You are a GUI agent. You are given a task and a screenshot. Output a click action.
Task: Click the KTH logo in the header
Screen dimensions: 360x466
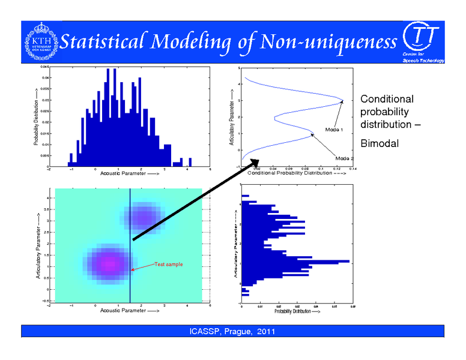(x=40, y=42)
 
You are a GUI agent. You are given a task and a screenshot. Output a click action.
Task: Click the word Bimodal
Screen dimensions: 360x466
(x=380, y=143)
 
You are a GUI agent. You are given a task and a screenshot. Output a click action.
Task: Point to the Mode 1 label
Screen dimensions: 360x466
(x=333, y=129)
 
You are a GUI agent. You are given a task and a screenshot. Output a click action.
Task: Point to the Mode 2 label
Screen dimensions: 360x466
(x=345, y=158)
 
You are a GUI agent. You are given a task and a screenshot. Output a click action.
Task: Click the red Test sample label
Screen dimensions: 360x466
(x=168, y=264)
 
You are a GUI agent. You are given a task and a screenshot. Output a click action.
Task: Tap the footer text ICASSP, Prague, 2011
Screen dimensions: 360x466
(x=232, y=332)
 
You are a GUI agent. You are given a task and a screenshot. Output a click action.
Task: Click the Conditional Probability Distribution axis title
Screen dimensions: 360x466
(x=296, y=173)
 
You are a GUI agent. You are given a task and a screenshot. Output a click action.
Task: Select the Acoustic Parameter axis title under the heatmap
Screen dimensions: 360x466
(x=130, y=310)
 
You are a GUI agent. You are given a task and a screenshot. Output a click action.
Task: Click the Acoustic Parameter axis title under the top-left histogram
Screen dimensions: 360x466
(x=130, y=173)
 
